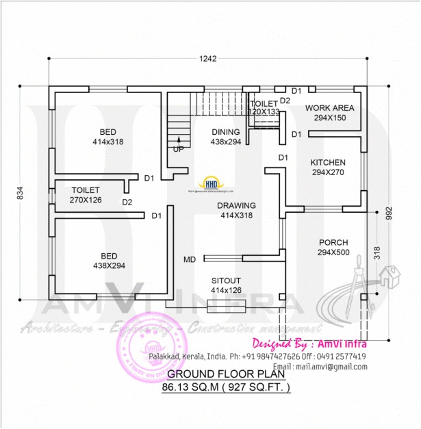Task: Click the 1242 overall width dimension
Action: [x=209, y=59]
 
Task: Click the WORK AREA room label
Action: [x=329, y=108]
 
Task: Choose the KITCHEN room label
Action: [x=328, y=163]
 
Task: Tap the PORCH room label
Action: [x=333, y=243]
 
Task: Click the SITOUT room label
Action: [x=225, y=281]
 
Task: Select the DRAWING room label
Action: [x=236, y=206]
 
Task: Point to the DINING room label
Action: [x=225, y=132]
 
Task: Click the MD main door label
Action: [x=190, y=259]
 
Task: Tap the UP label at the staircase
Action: [x=178, y=149]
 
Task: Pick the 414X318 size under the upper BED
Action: [x=108, y=142]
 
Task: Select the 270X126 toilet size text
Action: [x=86, y=200]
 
